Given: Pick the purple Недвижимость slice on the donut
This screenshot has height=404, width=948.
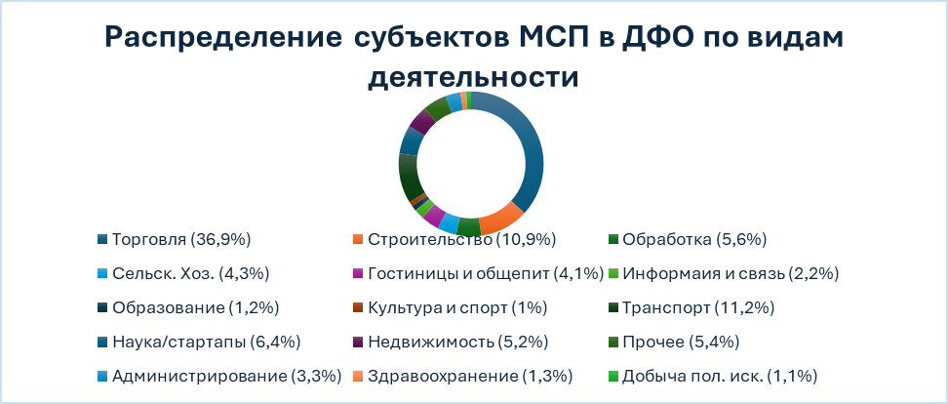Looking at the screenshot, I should point(421,121).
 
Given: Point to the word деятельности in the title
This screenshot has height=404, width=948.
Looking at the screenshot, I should point(473,75).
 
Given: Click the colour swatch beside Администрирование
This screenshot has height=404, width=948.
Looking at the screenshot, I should point(102,376).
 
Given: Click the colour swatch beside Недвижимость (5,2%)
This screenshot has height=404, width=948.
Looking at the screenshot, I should point(357,342).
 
